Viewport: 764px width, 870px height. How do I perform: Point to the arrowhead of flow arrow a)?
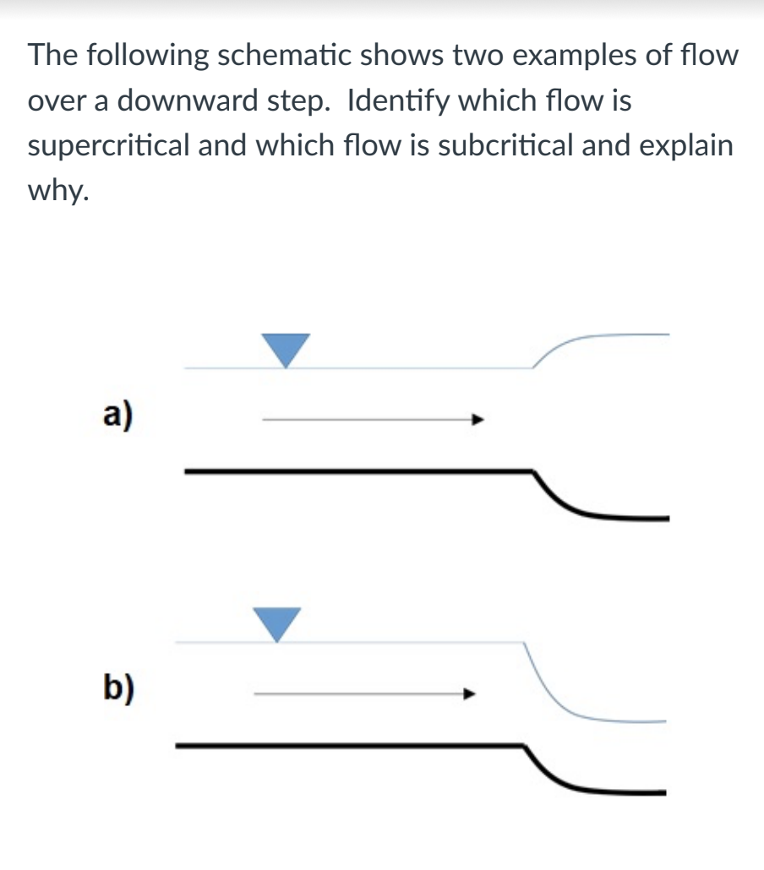(x=477, y=418)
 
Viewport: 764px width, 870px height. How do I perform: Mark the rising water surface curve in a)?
(x=559, y=346)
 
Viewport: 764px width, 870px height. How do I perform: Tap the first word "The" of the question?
(x=54, y=56)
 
